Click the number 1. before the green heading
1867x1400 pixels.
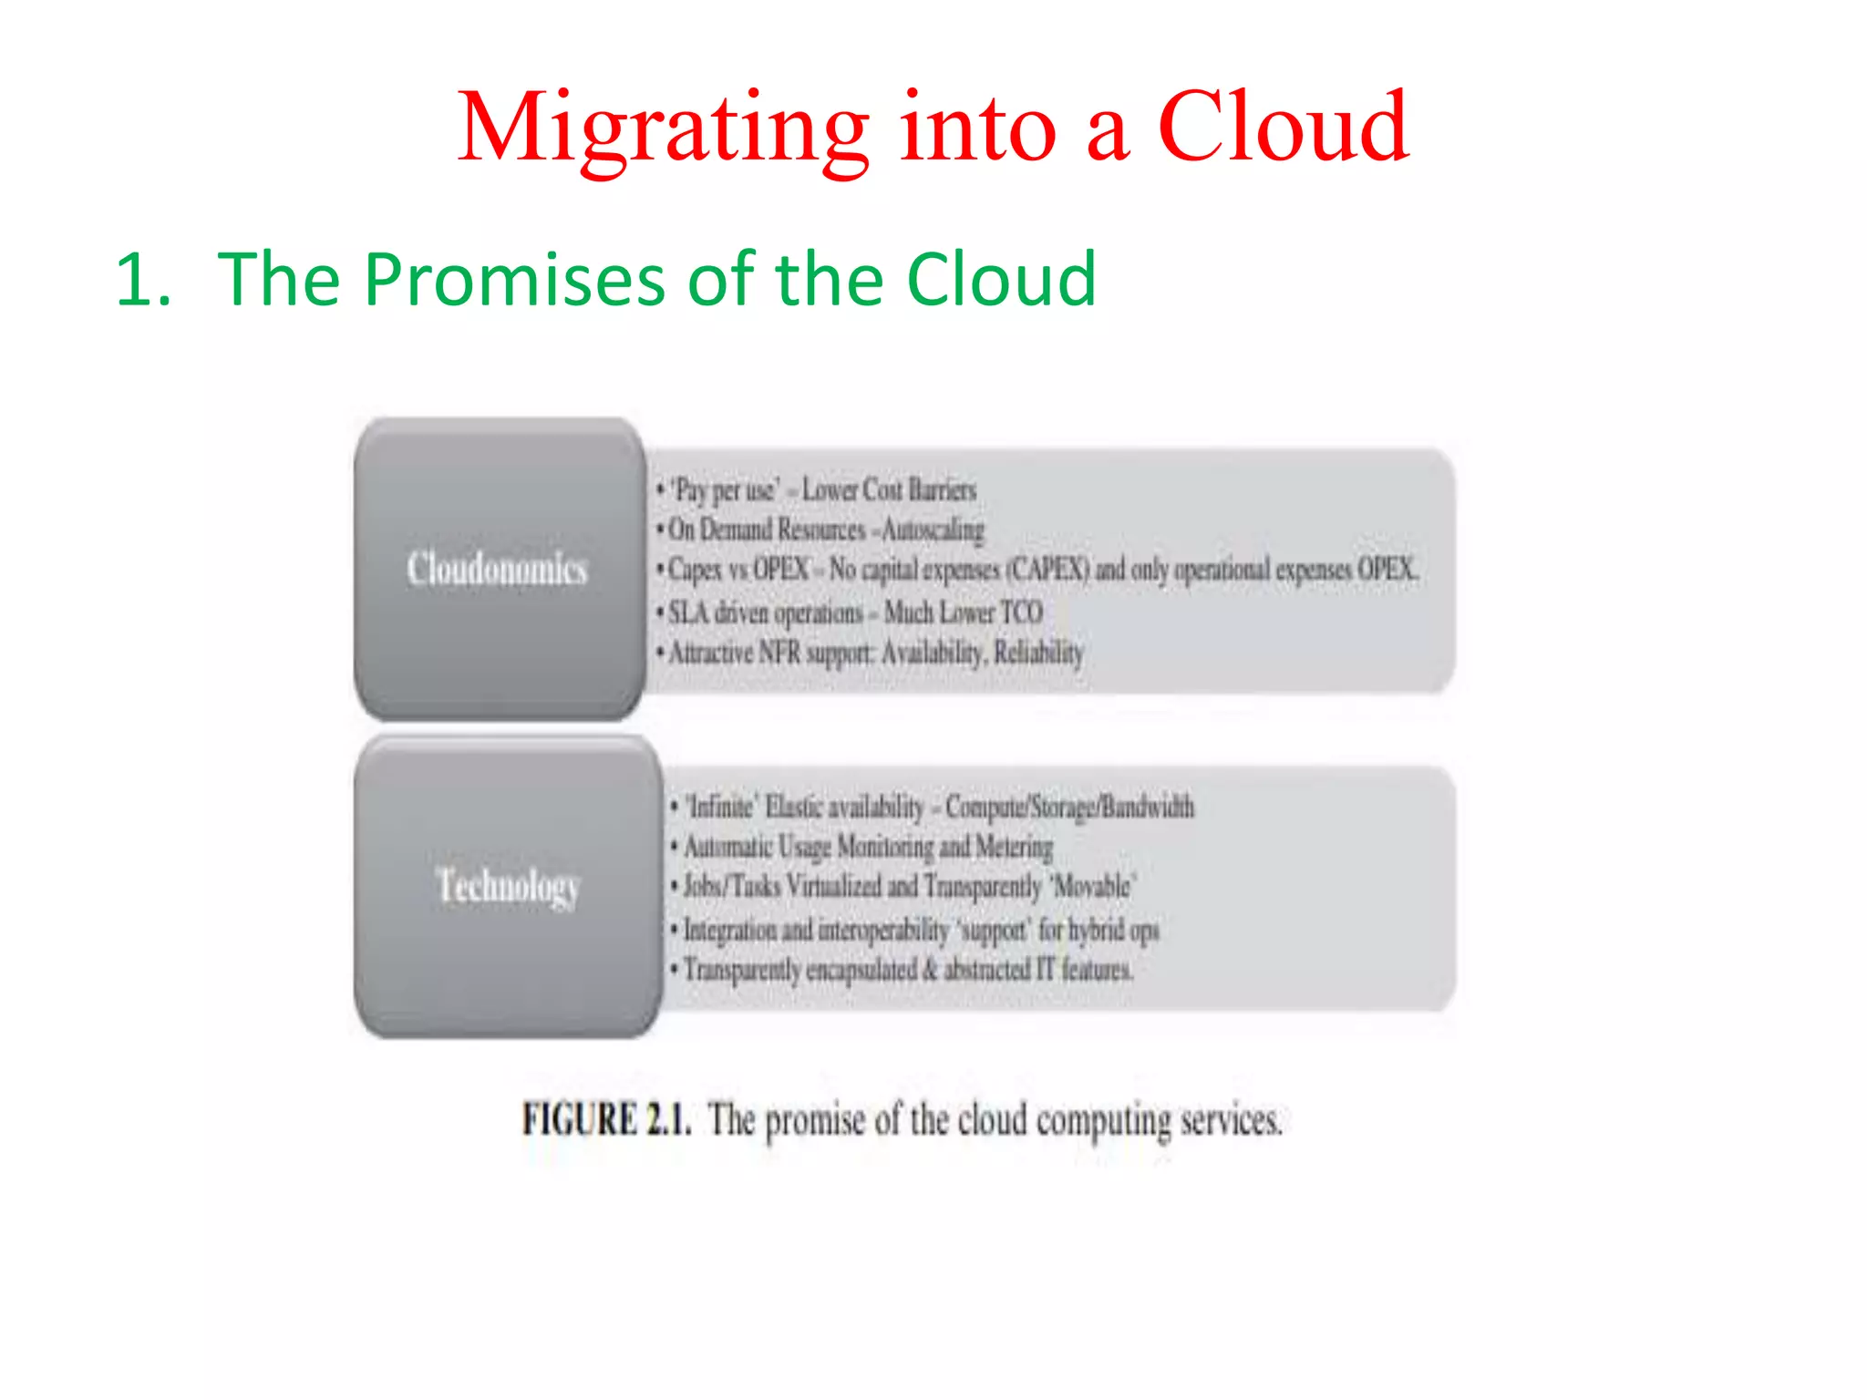pos(143,280)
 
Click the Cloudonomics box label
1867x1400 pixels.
pos(497,569)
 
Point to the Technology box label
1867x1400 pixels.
pos(508,885)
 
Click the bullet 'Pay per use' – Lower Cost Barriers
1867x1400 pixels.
pos(817,490)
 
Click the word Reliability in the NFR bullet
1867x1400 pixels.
pos(1038,653)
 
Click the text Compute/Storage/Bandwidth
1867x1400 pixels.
pos(1069,808)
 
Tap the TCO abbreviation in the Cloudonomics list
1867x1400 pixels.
pos(1021,612)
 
